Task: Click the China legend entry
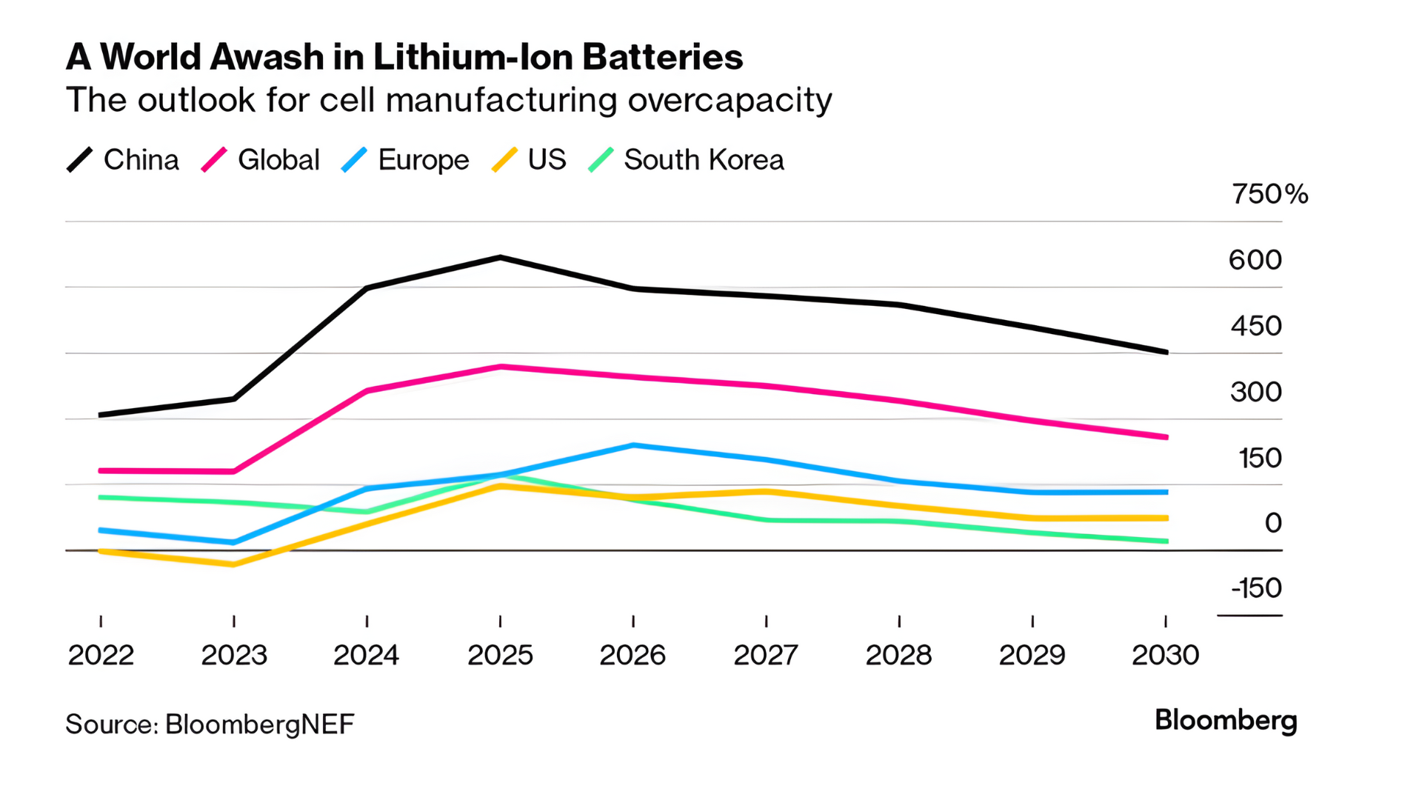124,160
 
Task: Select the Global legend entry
261,160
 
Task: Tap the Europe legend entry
406,160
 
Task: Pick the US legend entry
530,160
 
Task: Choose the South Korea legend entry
687,160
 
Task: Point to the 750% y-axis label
1269,194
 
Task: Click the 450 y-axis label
1256,326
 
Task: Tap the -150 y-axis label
1256,588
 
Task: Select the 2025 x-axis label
500,656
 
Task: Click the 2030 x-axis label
1165,656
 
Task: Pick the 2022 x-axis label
101,656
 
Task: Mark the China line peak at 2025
501,258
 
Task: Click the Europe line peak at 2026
633,445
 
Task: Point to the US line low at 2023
234,564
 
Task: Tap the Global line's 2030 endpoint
1166,437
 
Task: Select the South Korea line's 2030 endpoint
1166,541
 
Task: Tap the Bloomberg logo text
1226,721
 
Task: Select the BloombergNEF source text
259,724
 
